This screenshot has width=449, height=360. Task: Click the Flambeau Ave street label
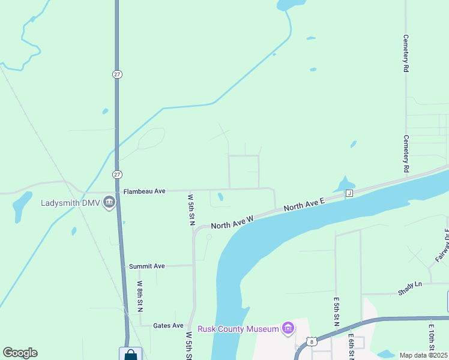point(144,191)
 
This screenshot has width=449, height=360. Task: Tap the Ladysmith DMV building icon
point(109,202)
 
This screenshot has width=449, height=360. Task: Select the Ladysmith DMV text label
point(70,202)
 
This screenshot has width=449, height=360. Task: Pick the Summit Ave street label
point(146,266)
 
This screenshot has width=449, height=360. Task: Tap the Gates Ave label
point(168,325)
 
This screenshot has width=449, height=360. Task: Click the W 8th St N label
point(139,296)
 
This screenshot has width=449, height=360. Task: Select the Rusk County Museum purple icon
point(288,328)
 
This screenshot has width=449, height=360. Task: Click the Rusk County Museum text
point(238,328)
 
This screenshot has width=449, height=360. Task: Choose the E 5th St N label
point(336,311)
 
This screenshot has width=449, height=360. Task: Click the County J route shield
point(348,193)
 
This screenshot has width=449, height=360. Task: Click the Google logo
point(20,353)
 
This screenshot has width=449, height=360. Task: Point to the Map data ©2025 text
point(424,355)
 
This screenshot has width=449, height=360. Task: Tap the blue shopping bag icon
point(130,354)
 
